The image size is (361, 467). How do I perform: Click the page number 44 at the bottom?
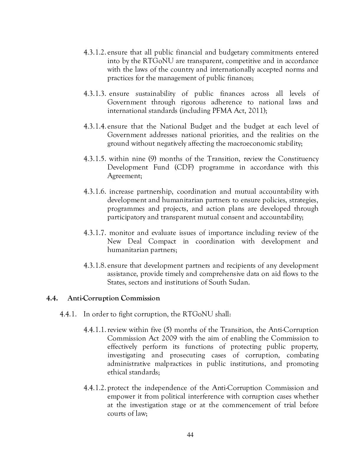click(x=190, y=435)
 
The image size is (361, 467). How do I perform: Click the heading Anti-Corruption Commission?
click(x=114, y=298)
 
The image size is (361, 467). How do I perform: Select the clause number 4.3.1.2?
click(x=95, y=52)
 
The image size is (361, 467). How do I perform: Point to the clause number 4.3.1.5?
click(x=95, y=159)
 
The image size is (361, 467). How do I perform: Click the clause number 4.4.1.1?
click(x=95, y=330)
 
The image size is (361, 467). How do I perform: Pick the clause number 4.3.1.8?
click(x=95, y=265)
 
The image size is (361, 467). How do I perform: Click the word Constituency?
click(x=298, y=159)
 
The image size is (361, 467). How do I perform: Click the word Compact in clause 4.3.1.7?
click(x=162, y=241)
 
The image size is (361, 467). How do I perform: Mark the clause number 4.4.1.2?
click(x=95, y=388)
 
